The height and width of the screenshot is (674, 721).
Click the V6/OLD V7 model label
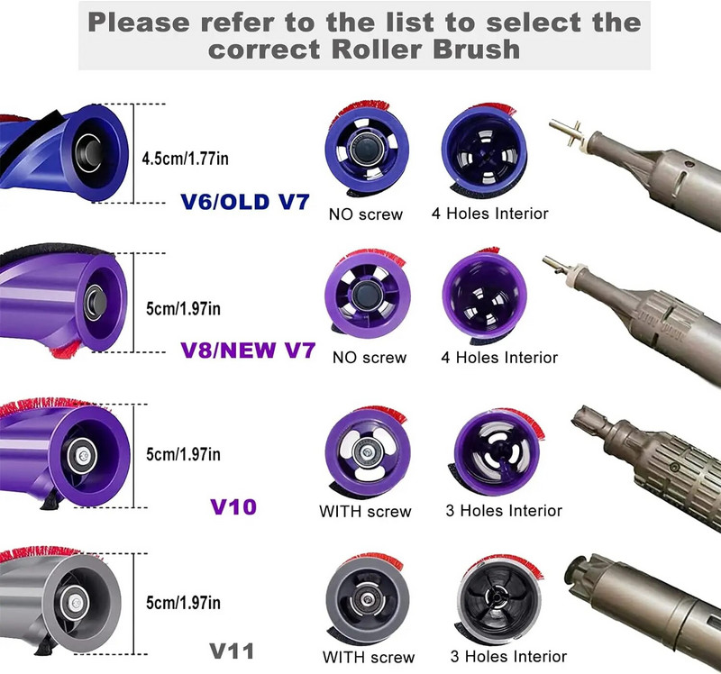coord(245,201)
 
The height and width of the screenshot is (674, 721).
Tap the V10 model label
coord(233,506)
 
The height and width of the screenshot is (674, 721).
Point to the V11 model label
coord(232,650)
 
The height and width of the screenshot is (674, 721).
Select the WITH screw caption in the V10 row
coord(365,512)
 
